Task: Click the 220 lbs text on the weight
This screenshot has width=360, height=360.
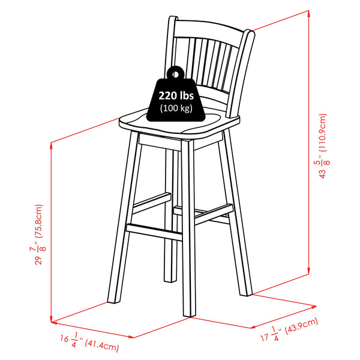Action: (176, 95)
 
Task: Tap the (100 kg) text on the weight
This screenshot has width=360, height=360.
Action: (176, 108)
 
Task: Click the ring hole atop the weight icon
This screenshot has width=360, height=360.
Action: (175, 74)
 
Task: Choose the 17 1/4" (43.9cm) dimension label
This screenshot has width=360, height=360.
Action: (289, 330)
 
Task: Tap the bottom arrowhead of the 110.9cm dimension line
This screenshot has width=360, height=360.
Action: (309, 271)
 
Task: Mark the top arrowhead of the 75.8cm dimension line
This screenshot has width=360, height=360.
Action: (51, 145)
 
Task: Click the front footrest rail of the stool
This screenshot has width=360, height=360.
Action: (154, 232)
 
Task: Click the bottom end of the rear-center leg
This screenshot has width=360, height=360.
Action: (170, 280)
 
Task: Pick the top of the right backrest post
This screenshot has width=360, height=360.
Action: (250, 32)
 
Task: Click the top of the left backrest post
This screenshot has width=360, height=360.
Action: (173, 17)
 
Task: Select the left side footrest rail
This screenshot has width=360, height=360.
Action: (152, 203)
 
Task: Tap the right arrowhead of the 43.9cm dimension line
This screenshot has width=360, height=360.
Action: (314, 307)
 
